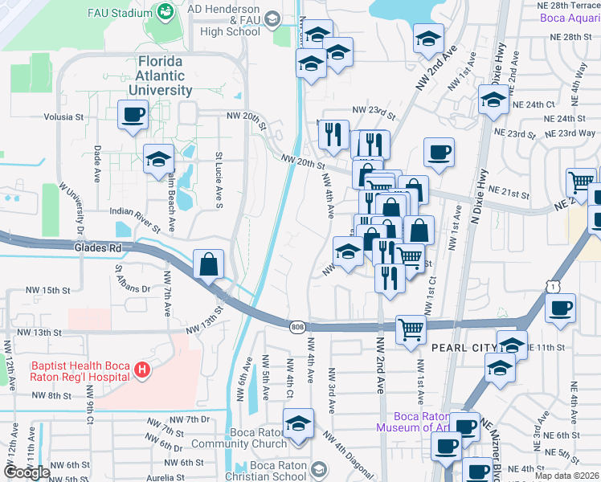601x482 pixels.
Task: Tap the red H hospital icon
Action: pyautogui.click(x=142, y=370)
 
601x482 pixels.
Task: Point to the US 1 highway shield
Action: pyautogui.click(x=550, y=286)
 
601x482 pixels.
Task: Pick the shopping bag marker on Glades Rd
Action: pyautogui.click(x=208, y=263)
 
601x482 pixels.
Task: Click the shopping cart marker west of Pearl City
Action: pyautogui.click(x=411, y=328)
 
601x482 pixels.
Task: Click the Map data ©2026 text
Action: pyautogui.click(x=566, y=476)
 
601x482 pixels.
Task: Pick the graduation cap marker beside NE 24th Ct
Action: pyautogui.click(x=492, y=100)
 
